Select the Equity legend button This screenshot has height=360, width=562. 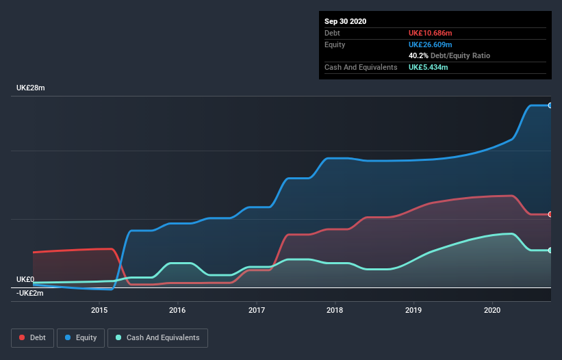pyautogui.click(x=81, y=337)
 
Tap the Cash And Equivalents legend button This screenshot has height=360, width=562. pyautogui.click(x=157, y=337)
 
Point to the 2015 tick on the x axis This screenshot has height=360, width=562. pyautogui.click(x=99, y=310)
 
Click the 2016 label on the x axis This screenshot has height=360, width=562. pyautogui.click(x=178, y=310)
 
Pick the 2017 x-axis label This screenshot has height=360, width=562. pyautogui.click(x=257, y=310)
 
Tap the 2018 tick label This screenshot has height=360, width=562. pyautogui.click(x=335, y=310)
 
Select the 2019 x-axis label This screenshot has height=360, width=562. pyautogui.click(x=413, y=310)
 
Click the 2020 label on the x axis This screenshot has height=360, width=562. pyautogui.click(x=492, y=310)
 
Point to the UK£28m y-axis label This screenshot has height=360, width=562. pyautogui.click(x=30, y=88)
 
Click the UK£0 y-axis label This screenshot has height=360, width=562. pyautogui.click(x=25, y=279)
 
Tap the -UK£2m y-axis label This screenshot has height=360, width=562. pyautogui.click(x=30, y=293)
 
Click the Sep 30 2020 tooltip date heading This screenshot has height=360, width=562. pyautogui.click(x=345, y=21)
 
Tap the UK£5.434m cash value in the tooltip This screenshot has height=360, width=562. pyautogui.click(x=429, y=67)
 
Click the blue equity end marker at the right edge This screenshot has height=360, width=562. pyautogui.click(x=550, y=105)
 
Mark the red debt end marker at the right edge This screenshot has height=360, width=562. pyautogui.click(x=550, y=214)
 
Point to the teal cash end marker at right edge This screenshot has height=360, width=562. pyautogui.click(x=550, y=250)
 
